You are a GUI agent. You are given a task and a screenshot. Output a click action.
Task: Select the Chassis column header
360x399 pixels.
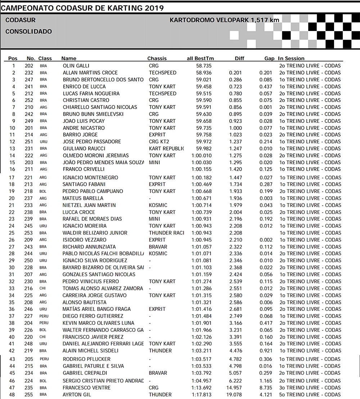click(x=157, y=58)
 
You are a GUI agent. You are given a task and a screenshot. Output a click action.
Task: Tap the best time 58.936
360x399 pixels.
click(x=204, y=73)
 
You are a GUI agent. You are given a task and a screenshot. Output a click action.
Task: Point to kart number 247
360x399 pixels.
click(x=29, y=80)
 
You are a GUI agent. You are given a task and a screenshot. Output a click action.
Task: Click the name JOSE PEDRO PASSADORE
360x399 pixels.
click(x=92, y=142)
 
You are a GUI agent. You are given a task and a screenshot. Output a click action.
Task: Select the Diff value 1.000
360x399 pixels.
click(x=235, y=128)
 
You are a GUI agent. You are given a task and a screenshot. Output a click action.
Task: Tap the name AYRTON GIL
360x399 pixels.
click(x=77, y=395)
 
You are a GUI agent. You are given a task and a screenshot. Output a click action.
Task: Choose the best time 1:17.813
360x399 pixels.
click(x=202, y=395)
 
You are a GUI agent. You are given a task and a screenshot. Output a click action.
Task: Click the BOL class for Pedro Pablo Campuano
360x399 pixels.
click(x=43, y=192)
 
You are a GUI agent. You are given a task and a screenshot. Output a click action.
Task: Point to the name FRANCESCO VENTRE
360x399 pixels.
click(x=86, y=388)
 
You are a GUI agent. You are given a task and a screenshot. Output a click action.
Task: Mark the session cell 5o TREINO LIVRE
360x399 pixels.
click(x=310, y=395)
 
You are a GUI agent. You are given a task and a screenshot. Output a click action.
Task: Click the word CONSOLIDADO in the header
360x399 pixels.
click(x=29, y=32)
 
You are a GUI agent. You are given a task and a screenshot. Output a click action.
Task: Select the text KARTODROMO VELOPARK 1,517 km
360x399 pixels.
click(x=224, y=20)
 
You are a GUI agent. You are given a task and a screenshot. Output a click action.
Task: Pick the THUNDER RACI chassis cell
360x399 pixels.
click(x=166, y=233)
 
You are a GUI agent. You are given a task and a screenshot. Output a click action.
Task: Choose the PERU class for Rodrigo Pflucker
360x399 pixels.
click(x=44, y=359)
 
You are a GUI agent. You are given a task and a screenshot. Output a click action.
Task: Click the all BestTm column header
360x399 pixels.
click(x=200, y=58)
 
